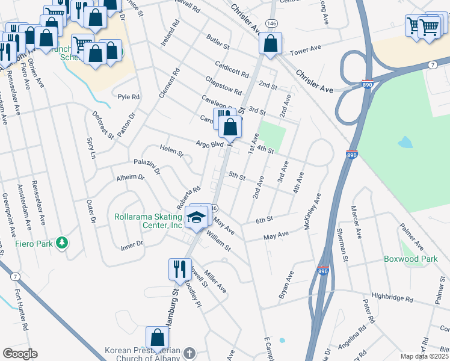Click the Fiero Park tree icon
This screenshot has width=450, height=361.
coord(61,243)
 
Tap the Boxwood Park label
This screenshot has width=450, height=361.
coord(409,259)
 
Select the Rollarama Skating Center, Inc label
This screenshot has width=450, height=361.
coord(148,221)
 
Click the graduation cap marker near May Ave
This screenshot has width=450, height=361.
coord(197,218)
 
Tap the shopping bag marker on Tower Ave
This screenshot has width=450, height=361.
coord(271,44)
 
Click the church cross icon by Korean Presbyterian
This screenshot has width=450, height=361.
coord(189,352)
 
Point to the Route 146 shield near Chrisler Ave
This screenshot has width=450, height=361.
coord(273,21)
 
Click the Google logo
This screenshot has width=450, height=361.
coord(19,354)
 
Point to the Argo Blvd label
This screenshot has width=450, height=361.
coord(209,144)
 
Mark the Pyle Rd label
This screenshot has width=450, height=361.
coord(128,97)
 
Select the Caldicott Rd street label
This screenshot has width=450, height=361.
coord(232,69)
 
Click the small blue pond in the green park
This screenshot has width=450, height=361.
coord(405,143)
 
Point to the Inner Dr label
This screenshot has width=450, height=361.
coord(131,244)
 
